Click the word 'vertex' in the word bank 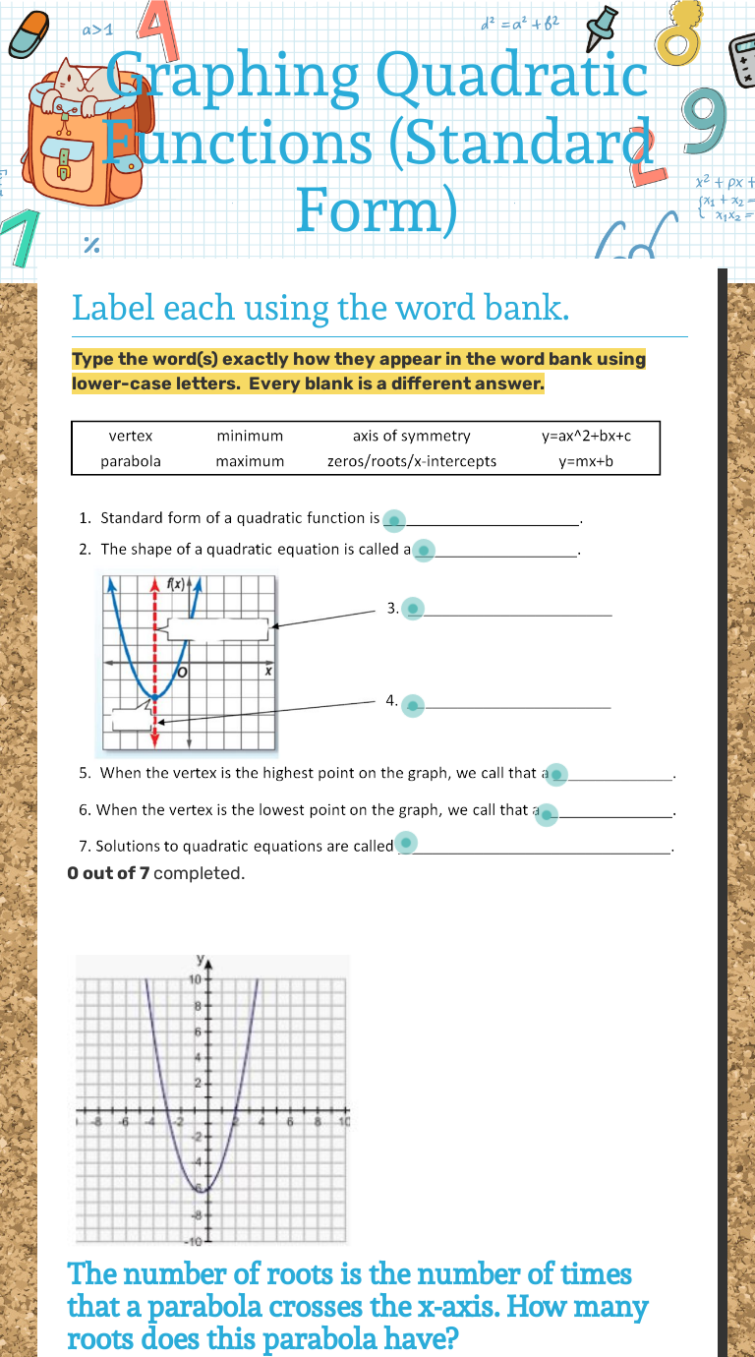pos(131,436)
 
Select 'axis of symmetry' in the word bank pos(411,436)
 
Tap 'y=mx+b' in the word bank pos(586,461)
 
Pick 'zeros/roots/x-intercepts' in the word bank pos(412,461)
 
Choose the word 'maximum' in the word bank pos(250,461)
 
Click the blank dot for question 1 pos(393,519)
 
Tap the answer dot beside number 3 pos(413,610)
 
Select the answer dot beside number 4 pos(413,704)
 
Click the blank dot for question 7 pos(405,843)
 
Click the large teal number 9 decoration pos(705,123)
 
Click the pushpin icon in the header pos(603,27)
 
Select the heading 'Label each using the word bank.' pos(320,308)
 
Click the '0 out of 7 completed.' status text pos(155,872)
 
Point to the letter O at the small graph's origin pos(183,672)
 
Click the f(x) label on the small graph pos(177,584)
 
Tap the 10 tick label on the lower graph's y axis pos(195,980)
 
